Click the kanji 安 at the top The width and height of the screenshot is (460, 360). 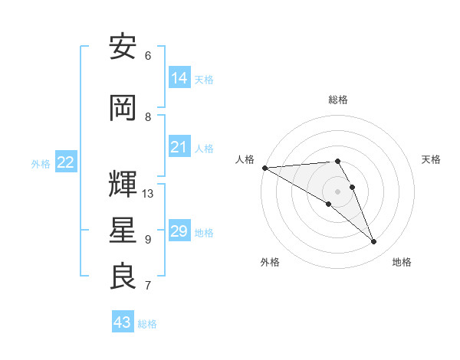[x=123, y=47]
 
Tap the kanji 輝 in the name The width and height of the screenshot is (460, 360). [x=123, y=184]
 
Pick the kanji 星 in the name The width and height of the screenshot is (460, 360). [x=123, y=231]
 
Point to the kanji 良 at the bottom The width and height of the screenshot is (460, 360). [x=123, y=276]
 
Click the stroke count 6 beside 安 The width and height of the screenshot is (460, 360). [x=148, y=56]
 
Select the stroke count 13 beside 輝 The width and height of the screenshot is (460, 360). [x=148, y=194]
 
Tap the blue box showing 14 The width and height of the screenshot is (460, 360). [x=179, y=77]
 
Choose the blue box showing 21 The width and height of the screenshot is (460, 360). [x=179, y=147]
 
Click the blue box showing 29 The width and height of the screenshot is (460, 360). [x=179, y=231]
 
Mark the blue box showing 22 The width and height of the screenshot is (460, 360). [x=66, y=162]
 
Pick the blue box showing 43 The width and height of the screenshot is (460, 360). [x=123, y=322]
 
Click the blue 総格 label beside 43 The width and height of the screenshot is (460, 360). [x=148, y=324]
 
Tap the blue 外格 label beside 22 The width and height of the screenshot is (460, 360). [x=41, y=164]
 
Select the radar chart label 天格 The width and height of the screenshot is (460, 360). [x=431, y=159]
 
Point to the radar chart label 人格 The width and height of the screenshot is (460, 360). [x=245, y=159]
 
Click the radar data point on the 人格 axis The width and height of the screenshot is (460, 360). [x=264, y=168]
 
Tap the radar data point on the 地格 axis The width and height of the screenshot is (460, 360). [x=373, y=242]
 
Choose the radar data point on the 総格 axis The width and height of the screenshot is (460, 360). [x=337, y=161]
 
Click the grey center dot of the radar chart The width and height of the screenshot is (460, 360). [x=337, y=191]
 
